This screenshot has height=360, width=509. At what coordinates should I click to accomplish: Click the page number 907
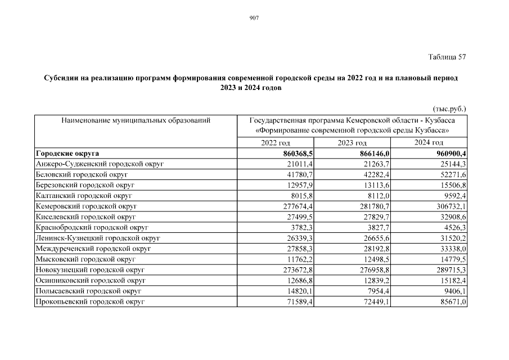[254, 19]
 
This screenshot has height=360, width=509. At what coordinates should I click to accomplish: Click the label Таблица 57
[447, 57]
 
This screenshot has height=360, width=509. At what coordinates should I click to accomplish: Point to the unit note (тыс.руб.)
[449, 109]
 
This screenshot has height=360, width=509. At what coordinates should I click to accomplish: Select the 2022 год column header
[276, 143]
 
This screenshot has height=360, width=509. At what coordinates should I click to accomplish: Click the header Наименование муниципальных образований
[136, 120]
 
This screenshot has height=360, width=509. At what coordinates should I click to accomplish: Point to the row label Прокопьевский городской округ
[90, 303]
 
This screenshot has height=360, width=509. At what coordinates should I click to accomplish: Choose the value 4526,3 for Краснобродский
[455, 228]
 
